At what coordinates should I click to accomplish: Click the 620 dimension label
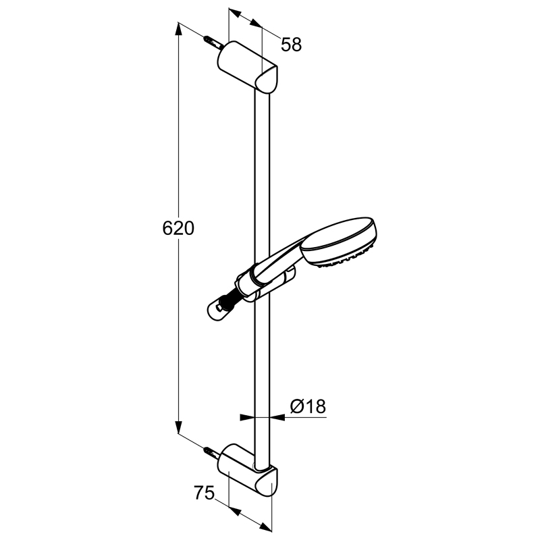[178, 228]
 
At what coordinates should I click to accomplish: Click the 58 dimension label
[292, 45]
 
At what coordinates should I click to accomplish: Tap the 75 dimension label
[205, 493]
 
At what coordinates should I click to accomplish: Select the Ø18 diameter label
[308, 406]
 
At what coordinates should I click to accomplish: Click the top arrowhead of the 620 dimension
[178, 28]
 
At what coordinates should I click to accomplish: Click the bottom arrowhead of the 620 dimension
[178, 427]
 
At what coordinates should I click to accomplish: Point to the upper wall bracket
[247, 67]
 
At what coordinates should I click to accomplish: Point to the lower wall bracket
[247, 470]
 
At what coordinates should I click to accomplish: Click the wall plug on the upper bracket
[213, 43]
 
